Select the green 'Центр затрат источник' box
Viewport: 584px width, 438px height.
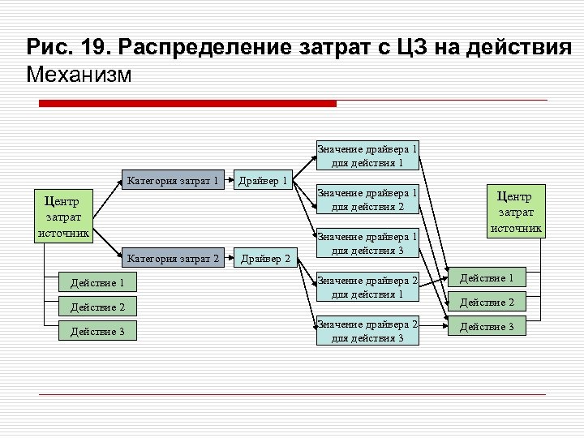pos(513,211)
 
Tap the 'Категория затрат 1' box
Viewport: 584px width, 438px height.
pos(173,180)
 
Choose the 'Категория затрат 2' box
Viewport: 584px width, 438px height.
pos(173,259)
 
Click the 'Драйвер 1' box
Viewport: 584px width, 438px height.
pos(262,180)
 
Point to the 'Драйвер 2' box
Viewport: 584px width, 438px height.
pos(264,259)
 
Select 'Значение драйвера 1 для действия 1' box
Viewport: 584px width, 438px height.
pos(367,156)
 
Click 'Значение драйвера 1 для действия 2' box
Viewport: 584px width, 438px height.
pos(367,200)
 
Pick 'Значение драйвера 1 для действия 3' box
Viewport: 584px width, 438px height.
pos(367,243)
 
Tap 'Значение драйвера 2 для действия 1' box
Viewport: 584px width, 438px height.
pos(367,287)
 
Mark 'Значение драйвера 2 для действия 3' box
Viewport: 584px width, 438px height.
pos(367,331)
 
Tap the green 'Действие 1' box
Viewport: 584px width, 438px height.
pos(487,278)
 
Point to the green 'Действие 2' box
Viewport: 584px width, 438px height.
pos(487,303)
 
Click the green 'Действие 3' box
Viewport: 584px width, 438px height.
pos(487,327)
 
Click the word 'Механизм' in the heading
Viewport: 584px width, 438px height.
pos(78,75)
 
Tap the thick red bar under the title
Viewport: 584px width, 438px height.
pos(188,104)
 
